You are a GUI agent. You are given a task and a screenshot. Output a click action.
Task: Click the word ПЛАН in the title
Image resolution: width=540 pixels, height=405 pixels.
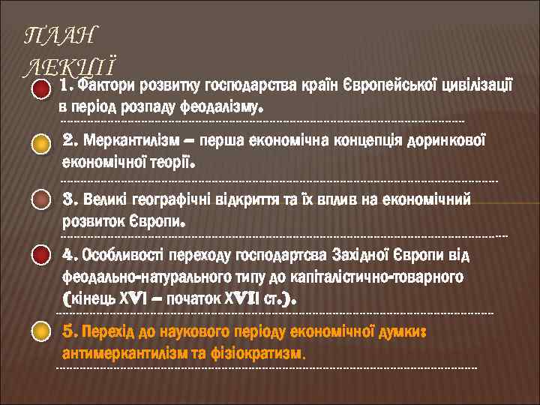pyautogui.click(x=61, y=34)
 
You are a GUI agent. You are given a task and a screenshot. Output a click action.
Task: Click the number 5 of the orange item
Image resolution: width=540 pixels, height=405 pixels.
pyautogui.click(x=70, y=331)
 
